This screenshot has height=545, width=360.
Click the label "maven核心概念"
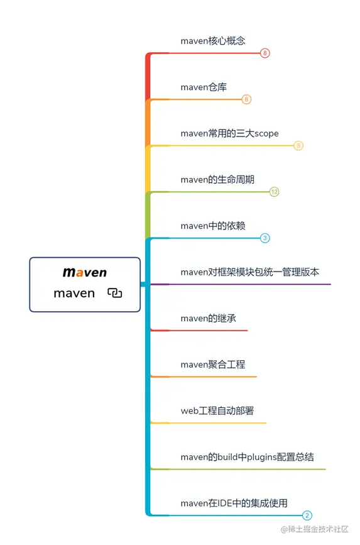point(212,41)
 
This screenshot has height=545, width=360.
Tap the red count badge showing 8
point(265,53)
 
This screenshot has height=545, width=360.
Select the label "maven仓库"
point(203,87)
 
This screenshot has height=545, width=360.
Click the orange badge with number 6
point(246,99)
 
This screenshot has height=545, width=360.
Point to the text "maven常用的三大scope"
point(229,133)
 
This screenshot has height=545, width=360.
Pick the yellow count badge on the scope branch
point(298,146)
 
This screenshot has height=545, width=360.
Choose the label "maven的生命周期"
point(217,180)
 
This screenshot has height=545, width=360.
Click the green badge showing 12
point(274,192)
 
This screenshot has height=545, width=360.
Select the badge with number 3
point(265,238)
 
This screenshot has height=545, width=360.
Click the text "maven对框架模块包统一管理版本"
point(249,272)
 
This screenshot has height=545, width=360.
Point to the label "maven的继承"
point(208,318)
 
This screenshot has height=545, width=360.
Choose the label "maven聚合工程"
point(212,365)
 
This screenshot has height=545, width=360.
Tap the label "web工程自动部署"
point(217,410)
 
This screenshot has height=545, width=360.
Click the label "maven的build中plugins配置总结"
point(247,457)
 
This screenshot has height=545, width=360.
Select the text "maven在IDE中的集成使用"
point(234,503)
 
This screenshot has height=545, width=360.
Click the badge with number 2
point(307,515)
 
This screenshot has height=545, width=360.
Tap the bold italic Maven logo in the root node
point(85,273)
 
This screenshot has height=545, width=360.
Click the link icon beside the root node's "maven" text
point(114,293)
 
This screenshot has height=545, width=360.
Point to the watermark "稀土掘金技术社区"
point(318,531)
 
